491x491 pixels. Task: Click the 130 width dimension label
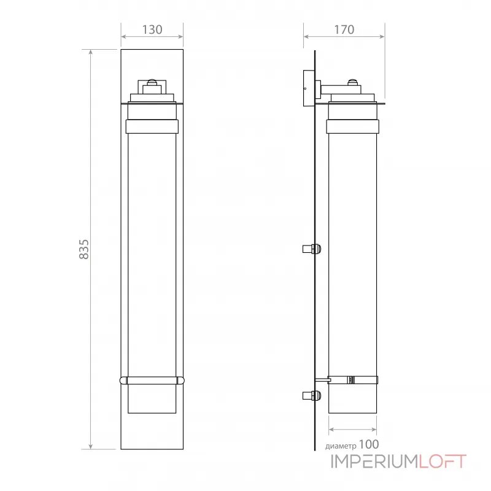[152, 29]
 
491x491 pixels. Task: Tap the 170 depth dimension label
[344, 29]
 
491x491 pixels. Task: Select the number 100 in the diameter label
[368, 444]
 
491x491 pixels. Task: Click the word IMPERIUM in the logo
[375, 462]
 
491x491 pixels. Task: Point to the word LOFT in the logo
[443, 462]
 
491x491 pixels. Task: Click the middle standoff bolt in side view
[312, 249]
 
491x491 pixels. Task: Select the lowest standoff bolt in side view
[312, 396]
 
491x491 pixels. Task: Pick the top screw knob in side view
[352, 82]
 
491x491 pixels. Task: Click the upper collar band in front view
[152, 126]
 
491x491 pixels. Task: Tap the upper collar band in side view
[352, 126]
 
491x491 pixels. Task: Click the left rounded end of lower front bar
[123, 381]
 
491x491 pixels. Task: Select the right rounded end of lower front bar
[181, 381]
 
